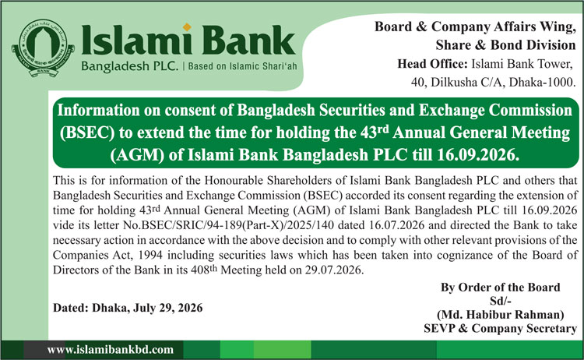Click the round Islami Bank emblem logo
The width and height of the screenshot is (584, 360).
(x=43, y=48)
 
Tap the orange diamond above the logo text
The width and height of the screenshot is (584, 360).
(x=187, y=26)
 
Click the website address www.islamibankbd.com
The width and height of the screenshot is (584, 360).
(x=111, y=350)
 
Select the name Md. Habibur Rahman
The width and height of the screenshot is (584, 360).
(x=501, y=315)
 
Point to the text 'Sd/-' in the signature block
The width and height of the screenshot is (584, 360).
(x=501, y=301)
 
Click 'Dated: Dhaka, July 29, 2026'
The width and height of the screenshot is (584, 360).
(x=128, y=308)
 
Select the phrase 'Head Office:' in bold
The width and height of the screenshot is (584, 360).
(x=432, y=64)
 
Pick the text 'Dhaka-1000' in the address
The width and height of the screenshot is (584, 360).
(x=540, y=82)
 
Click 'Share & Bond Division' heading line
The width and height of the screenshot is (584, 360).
(x=506, y=45)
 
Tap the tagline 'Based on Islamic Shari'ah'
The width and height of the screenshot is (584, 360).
(x=242, y=66)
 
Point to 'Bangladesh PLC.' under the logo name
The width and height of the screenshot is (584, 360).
(x=130, y=66)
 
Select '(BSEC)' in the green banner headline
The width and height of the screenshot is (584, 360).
(x=87, y=132)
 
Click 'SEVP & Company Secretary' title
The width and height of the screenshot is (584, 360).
(x=501, y=328)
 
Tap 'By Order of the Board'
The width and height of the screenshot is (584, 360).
(x=501, y=288)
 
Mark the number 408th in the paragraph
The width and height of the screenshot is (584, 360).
(x=204, y=269)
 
